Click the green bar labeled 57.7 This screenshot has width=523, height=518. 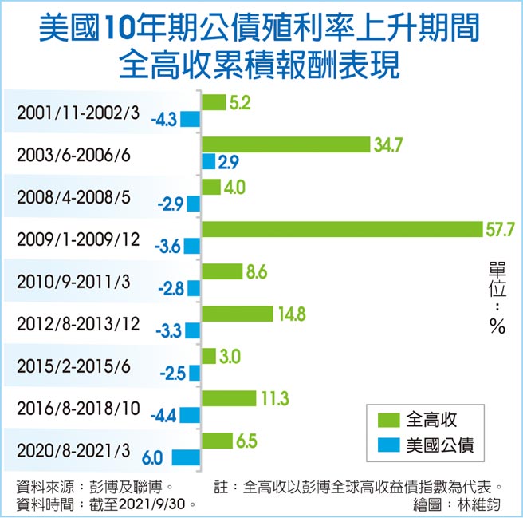click(342, 229)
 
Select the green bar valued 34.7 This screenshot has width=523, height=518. click(286, 144)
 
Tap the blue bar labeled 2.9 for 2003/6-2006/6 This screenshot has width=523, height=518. click(208, 162)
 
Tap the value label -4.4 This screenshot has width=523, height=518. click(163, 415)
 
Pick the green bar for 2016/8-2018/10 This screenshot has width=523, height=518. click(228, 397)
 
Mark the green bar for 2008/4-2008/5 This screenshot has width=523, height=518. click(210, 187)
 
